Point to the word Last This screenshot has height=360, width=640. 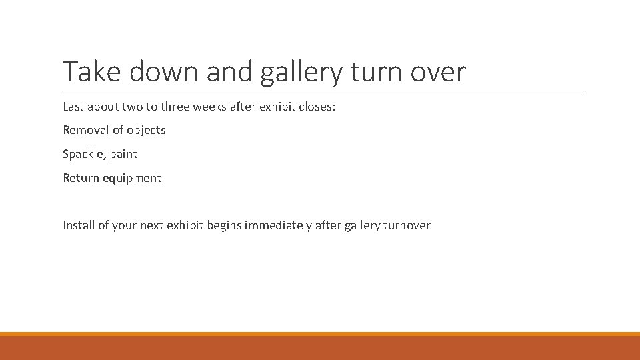point(75,106)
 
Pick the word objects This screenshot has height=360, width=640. point(146,131)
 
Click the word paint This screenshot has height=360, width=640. point(124,154)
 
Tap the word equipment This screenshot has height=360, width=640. point(131,179)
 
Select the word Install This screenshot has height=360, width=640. point(79,225)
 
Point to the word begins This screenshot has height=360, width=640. point(225,226)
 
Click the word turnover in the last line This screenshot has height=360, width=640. point(407,225)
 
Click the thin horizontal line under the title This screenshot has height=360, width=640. point(324,91)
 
